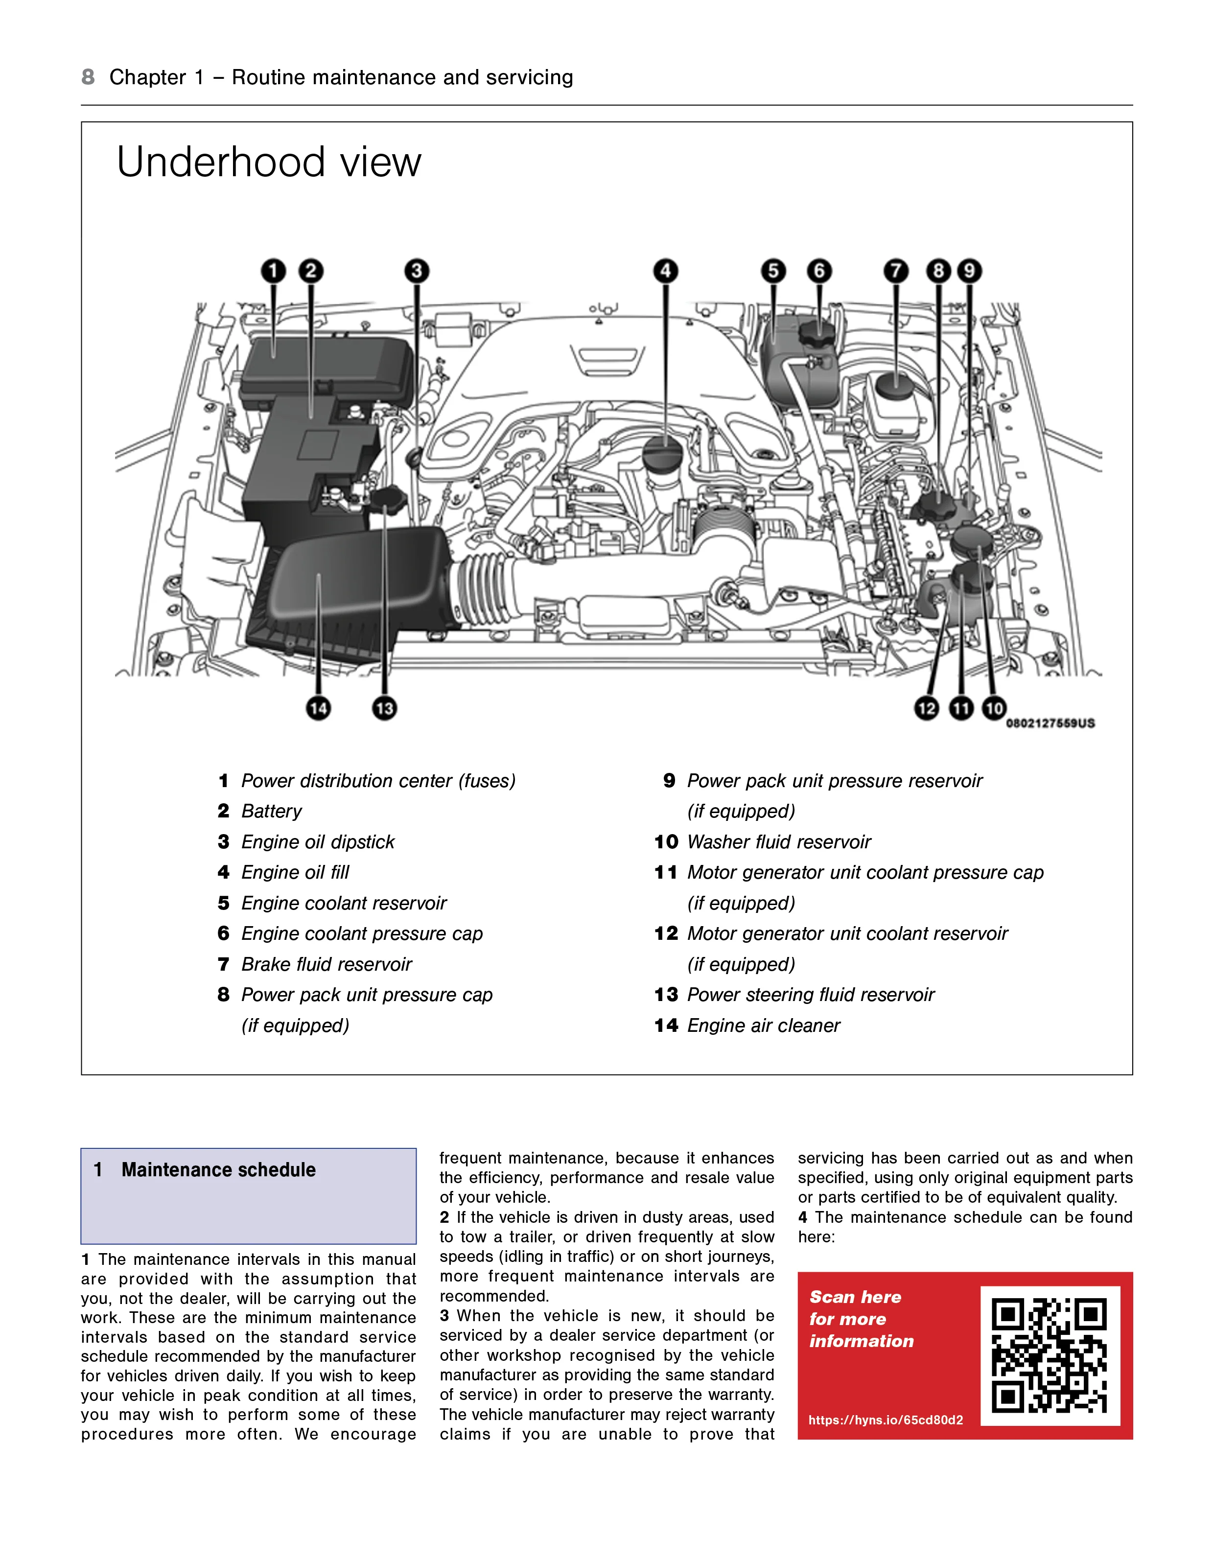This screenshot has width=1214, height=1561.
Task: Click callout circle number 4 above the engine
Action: [666, 271]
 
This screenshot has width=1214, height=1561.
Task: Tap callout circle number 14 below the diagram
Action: [318, 708]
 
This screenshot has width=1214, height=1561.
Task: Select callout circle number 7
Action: [896, 271]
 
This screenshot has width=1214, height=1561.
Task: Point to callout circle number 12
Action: [927, 708]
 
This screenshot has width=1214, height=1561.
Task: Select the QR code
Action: [1050, 1356]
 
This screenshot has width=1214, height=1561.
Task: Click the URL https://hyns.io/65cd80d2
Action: [885, 1420]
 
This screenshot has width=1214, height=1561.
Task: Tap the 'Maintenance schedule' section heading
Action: [218, 1170]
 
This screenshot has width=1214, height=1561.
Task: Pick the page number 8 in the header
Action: [88, 77]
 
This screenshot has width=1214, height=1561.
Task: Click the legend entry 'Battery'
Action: [271, 811]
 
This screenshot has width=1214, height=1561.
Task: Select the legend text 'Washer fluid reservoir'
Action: [779, 842]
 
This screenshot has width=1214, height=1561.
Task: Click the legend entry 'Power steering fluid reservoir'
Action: [810, 995]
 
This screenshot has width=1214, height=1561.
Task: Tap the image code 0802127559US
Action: [1050, 723]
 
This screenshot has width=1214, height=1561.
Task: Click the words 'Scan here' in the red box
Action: [855, 1297]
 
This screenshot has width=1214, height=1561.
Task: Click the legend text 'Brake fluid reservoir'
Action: [326, 965]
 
